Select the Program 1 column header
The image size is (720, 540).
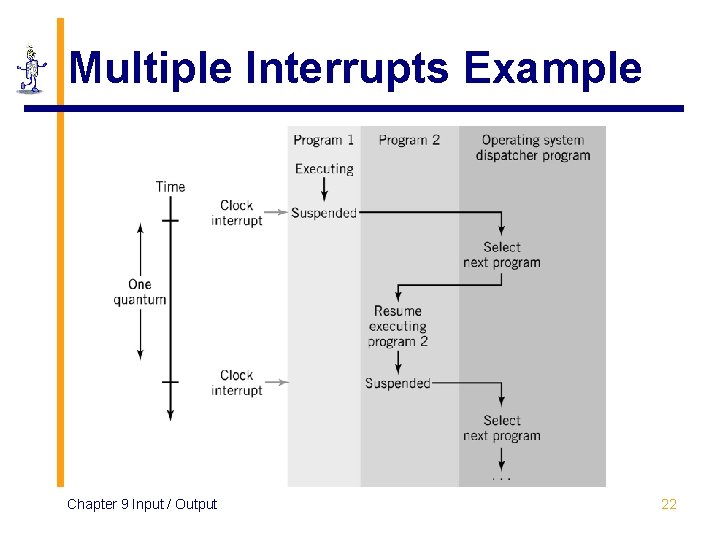pyautogui.click(x=323, y=140)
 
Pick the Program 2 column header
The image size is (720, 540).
pyautogui.click(x=409, y=140)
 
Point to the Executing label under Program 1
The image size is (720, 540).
pyautogui.click(x=324, y=169)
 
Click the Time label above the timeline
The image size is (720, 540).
pyautogui.click(x=170, y=186)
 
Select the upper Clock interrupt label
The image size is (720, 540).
pyautogui.click(x=237, y=213)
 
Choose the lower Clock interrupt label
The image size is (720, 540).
pyautogui.click(x=237, y=383)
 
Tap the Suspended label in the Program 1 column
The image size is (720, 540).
pyautogui.click(x=324, y=213)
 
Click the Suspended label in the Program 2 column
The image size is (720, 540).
pyautogui.click(x=397, y=383)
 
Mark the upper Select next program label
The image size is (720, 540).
pyautogui.click(x=501, y=255)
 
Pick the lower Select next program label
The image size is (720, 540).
pyautogui.click(x=501, y=428)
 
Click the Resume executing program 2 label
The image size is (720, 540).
pyautogui.click(x=398, y=326)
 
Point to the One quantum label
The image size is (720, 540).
pyautogui.click(x=140, y=292)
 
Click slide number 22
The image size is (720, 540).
pyautogui.click(x=669, y=504)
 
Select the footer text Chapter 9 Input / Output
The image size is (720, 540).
pyautogui.click(x=142, y=504)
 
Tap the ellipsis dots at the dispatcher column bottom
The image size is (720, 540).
pyautogui.click(x=501, y=480)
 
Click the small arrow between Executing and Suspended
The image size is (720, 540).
pyautogui.click(x=324, y=190)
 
